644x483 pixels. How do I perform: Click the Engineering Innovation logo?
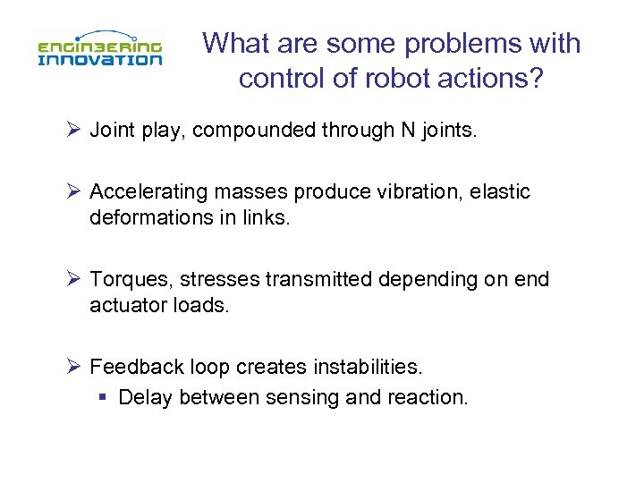tap(99, 50)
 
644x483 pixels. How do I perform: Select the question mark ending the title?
tap(535, 78)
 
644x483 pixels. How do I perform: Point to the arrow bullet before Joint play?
tap(74, 130)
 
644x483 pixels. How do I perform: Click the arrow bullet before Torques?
tap(74, 279)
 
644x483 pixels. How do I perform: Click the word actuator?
tap(125, 306)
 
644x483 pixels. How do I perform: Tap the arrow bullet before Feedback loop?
tap(74, 367)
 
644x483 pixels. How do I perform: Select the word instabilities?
tap(363, 368)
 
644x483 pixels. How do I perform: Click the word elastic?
tap(504, 192)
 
